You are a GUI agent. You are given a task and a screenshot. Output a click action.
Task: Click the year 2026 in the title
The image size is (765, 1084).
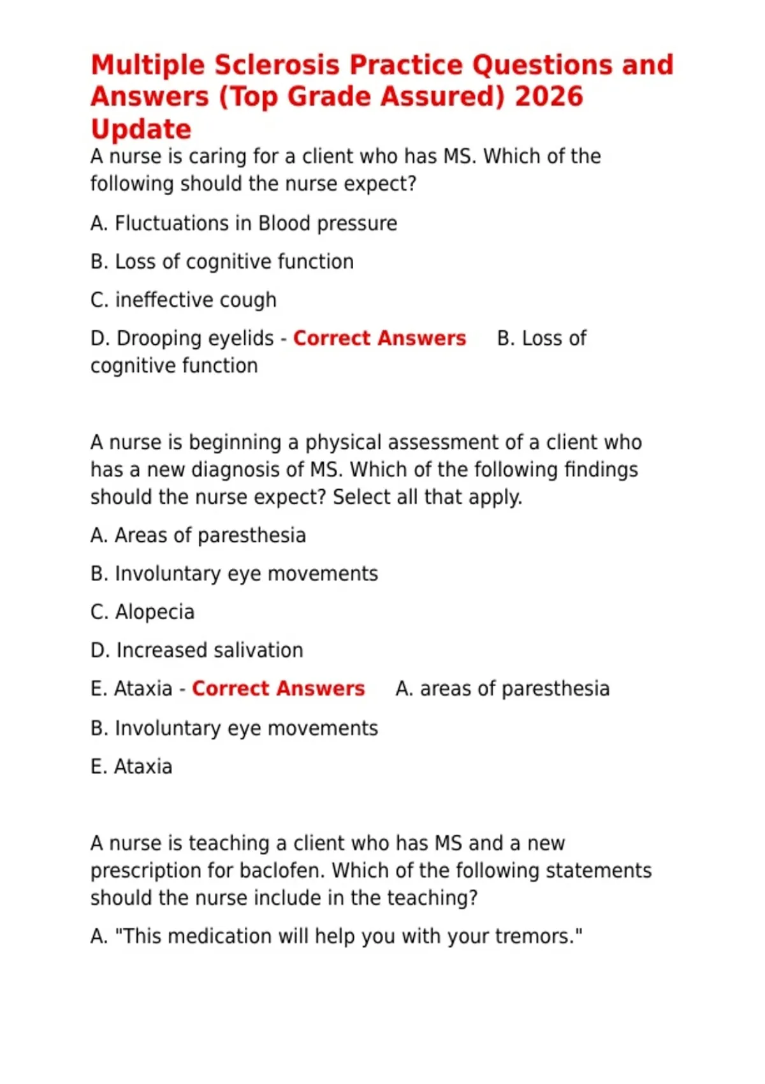pos(548,97)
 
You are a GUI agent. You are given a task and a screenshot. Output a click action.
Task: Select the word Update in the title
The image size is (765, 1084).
pos(141,129)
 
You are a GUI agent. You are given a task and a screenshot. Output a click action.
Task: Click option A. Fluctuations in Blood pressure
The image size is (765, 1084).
pos(244,223)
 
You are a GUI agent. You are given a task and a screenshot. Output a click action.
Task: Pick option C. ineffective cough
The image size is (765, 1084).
pos(184,300)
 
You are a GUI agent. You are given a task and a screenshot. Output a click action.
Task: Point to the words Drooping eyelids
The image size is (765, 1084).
pos(195,338)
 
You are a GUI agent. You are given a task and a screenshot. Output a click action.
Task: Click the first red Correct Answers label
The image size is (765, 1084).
pos(379,338)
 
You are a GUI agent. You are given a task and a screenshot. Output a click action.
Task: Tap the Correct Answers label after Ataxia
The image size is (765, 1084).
pos(278,689)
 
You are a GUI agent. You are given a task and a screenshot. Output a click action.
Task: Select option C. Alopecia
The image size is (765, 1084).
pos(142,612)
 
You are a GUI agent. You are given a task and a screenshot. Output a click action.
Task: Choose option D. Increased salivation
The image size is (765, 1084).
pos(196,650)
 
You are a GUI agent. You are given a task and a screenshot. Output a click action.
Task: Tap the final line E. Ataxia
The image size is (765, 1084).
pos(131,766)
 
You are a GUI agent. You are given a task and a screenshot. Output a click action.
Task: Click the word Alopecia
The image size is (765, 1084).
pos(154,612)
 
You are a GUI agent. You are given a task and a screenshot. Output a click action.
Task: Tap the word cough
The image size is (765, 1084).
pos(251,300)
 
